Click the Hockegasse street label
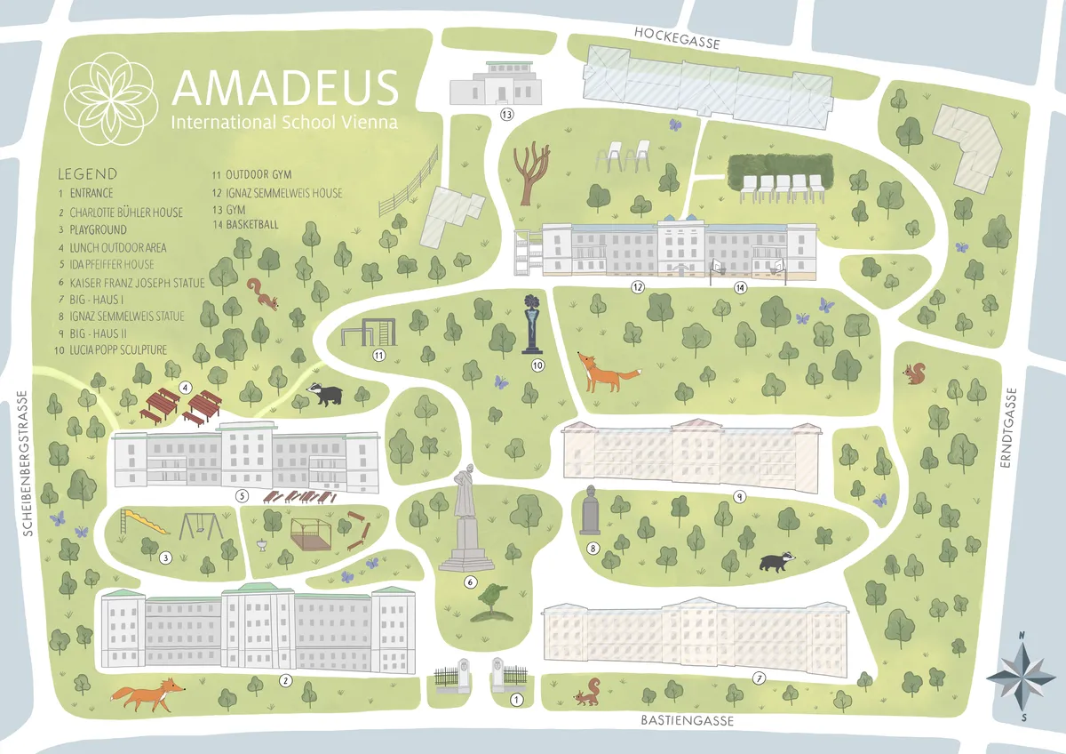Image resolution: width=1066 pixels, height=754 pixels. [676, 32]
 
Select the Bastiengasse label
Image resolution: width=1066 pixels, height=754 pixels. [688, 720]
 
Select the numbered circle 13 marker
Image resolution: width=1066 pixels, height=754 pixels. [506, 115]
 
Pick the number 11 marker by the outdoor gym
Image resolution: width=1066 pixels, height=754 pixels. [378, 356]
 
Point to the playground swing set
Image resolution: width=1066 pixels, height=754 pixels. [201, 526]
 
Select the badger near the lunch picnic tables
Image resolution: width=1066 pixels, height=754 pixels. [324, 393]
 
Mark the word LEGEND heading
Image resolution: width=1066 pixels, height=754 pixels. [87, 173]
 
